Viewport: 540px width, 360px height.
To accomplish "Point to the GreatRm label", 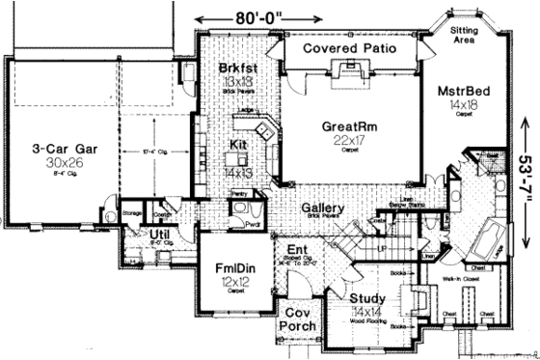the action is coord(350,125).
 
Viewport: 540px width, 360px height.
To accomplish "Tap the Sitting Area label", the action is coord(468,38).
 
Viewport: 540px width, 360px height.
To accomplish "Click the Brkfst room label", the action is coord(235,69).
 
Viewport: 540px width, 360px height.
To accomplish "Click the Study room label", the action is coord(366,299).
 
